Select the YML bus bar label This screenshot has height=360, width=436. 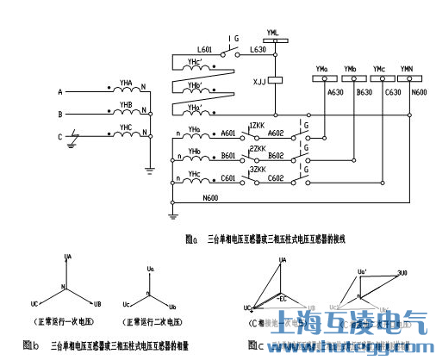pyautogui.click(x=273, y=32)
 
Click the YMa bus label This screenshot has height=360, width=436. pyautogui.click(x=322, y=68)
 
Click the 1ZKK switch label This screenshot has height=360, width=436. pyautogui.click(x=256, y=126)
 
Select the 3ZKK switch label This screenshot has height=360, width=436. pyautogui.click(x=256, y=170)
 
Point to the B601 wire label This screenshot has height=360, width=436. pyautogui.click(x=227, y=156)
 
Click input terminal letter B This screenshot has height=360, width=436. pyautogui.click(x=59, y=114)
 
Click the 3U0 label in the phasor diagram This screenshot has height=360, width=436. pyautogui.click(x=402, y=272)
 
